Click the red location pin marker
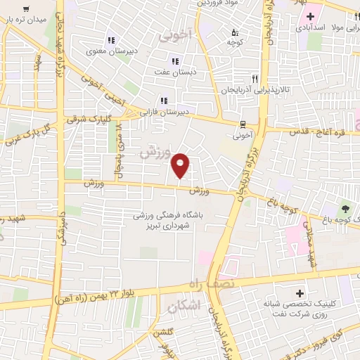click(x=181, y=164)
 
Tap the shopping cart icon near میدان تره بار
click(x=26, y=8)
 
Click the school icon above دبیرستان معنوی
click(x=110, y=39)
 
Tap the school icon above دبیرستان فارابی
click(x=164, y=100)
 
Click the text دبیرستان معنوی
click(x=105, y=51)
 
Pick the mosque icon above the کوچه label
click(x=235, y=32)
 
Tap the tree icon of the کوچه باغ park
click(x=345, y=208)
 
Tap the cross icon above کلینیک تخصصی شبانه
click(x=300, y=292)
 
